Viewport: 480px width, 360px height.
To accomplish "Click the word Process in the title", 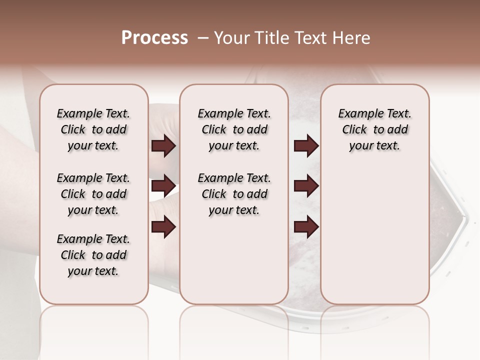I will point(154,38).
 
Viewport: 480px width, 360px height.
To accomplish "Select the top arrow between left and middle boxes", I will point(163,145).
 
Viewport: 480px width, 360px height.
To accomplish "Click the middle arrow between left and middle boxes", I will point(163,186).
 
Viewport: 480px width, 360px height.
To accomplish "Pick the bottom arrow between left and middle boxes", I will point(163,227).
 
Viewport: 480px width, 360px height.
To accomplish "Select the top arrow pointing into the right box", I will point(306,145).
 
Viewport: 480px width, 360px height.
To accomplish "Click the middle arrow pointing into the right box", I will point(306,186).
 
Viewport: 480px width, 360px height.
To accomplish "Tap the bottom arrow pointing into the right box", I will point(306,227).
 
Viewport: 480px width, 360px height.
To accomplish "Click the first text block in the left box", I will point(93,129).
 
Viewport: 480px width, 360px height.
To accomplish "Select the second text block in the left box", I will point(93,194).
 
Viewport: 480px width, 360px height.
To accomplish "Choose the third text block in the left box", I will point(93,255).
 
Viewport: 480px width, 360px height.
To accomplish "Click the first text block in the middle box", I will point(234,129).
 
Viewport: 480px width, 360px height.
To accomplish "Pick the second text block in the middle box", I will point(234,194).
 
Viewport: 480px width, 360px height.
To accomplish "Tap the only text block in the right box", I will point(374,129).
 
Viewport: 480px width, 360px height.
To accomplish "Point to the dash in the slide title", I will point(203,38).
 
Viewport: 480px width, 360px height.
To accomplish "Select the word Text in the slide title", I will point(311,38).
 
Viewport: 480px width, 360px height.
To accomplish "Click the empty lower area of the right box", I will point(374,240).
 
